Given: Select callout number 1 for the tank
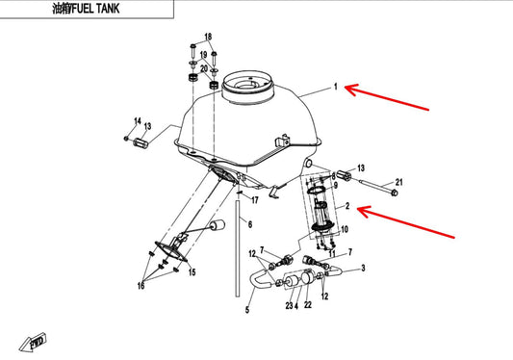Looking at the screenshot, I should click(x=336, y=88).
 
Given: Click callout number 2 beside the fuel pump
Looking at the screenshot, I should click(x=347, y=208).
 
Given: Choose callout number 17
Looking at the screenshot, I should click(x=255, y=200).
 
